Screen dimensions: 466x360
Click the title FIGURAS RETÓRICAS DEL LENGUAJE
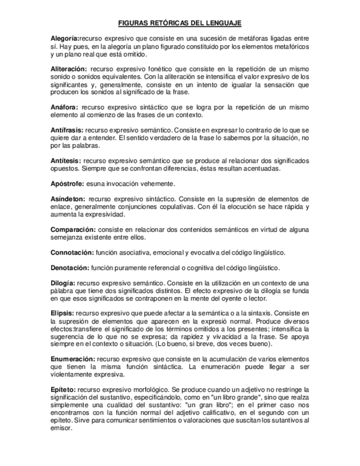[x=180, y=24]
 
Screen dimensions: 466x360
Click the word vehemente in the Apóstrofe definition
[x=154, y=184]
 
